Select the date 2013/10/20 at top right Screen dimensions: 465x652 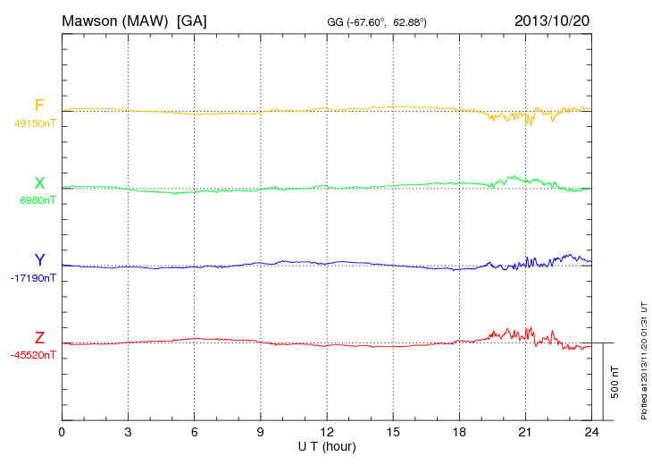tap(552, 20)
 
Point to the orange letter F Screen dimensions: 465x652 tap(39, 106)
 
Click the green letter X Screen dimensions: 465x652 tap(39, 183)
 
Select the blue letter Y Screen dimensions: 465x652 tap(39, 260)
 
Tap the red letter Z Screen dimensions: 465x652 tap(39, 338)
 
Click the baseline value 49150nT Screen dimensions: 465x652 tap(34, 123)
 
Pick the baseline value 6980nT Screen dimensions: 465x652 tap(38, 200)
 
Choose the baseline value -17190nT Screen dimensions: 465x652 tap(32, 278)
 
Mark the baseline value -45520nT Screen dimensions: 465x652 tap(32, 355)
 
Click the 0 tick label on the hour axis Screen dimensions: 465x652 tap(62, 432)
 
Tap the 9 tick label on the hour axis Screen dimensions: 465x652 tap(260, 432)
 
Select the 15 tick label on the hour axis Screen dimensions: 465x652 tap(392, 432)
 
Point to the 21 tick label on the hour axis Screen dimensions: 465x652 tap(524, 432)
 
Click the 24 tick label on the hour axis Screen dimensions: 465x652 tap(590, 432)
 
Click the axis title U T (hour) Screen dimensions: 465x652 tap(326, 445)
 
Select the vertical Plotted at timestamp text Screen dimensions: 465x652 tap(644, 359)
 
